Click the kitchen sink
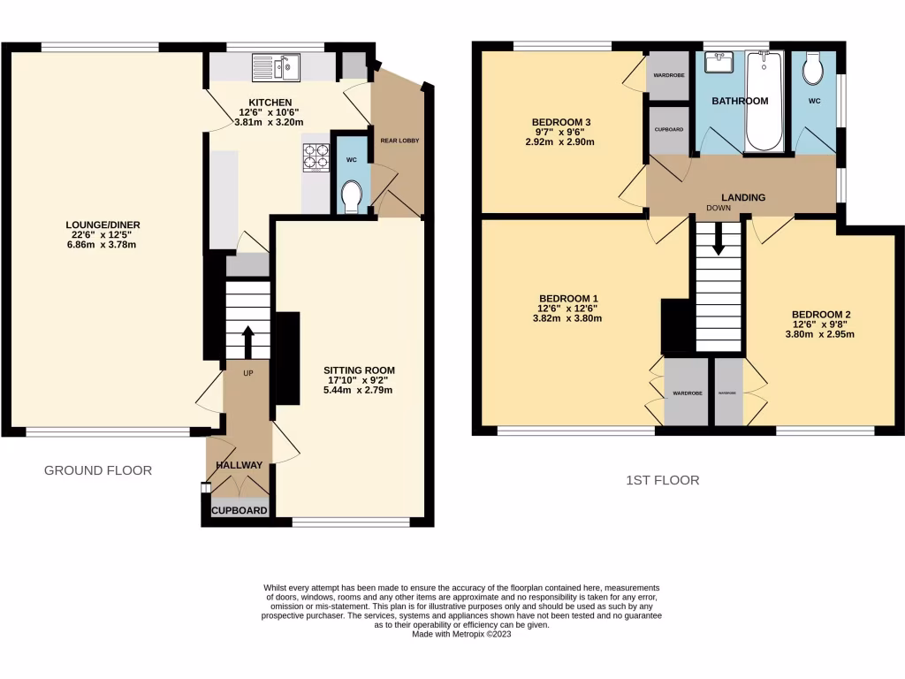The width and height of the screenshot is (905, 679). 276,66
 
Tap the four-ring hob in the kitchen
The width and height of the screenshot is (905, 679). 315,156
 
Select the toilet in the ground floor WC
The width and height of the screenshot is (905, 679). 351,195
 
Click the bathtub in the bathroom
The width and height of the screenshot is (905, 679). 764,101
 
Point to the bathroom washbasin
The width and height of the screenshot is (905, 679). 717,62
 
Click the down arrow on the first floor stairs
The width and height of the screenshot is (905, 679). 718,238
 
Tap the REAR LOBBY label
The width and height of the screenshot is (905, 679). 400,141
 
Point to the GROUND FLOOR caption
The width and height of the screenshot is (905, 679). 98,470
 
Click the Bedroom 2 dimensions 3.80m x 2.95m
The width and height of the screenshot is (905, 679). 821,334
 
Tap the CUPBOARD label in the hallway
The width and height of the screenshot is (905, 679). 239,510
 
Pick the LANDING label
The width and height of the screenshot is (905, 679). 742,197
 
